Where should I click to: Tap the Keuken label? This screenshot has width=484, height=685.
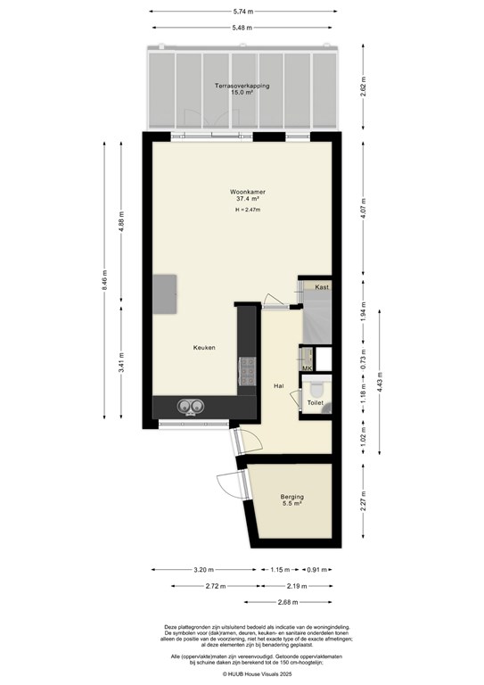click(x=205, y=348)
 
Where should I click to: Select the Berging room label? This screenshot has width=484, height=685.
click(x=291, y=497)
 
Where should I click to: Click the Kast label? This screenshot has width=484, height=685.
click(x=322, y=287)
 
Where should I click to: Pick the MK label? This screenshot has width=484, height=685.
click(x=308, y=368)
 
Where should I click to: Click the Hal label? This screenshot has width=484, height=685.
click(x=278, y=385)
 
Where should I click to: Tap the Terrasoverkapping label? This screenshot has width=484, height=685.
click(x=242, y=87)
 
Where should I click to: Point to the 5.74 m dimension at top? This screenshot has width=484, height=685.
click(x=242, y=12)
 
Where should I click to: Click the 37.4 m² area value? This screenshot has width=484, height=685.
click(x=242, y=199)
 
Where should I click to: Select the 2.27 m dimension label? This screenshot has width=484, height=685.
click(x=365, y=504)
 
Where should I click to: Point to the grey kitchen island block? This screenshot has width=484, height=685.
click(x=164, y=295)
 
